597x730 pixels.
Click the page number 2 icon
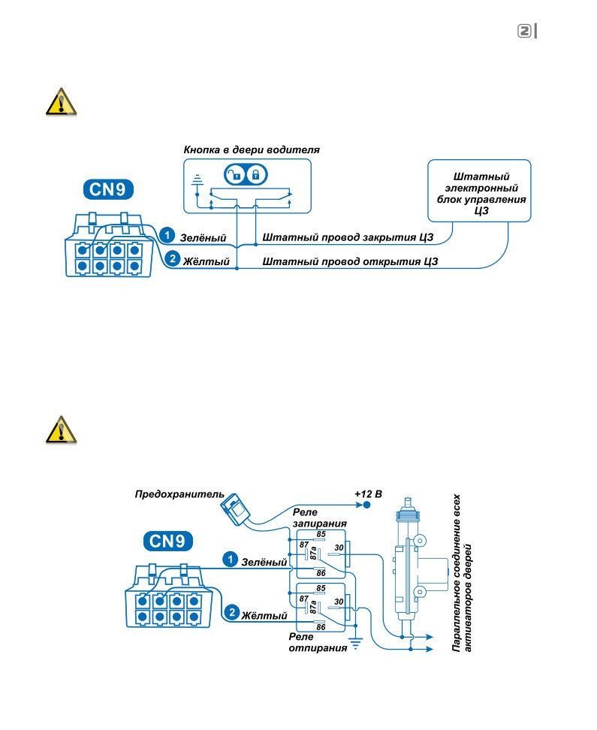524,32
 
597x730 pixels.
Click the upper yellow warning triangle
61,101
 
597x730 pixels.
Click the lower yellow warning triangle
61,430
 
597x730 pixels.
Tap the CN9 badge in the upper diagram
108,189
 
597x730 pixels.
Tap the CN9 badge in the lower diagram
167,541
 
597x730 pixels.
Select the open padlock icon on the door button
235,175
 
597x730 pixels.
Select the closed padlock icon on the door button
255,175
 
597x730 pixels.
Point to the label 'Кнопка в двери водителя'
252,150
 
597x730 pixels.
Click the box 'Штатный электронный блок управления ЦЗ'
479,191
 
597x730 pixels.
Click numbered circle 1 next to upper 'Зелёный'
167,235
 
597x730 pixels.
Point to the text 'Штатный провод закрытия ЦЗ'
348,237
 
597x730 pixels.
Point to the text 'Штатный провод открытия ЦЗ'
350,261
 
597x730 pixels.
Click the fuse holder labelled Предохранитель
236,509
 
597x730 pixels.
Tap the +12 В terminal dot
367,505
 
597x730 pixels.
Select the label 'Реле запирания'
319,517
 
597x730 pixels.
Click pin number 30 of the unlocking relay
339,602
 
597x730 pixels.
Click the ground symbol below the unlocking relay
356,644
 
